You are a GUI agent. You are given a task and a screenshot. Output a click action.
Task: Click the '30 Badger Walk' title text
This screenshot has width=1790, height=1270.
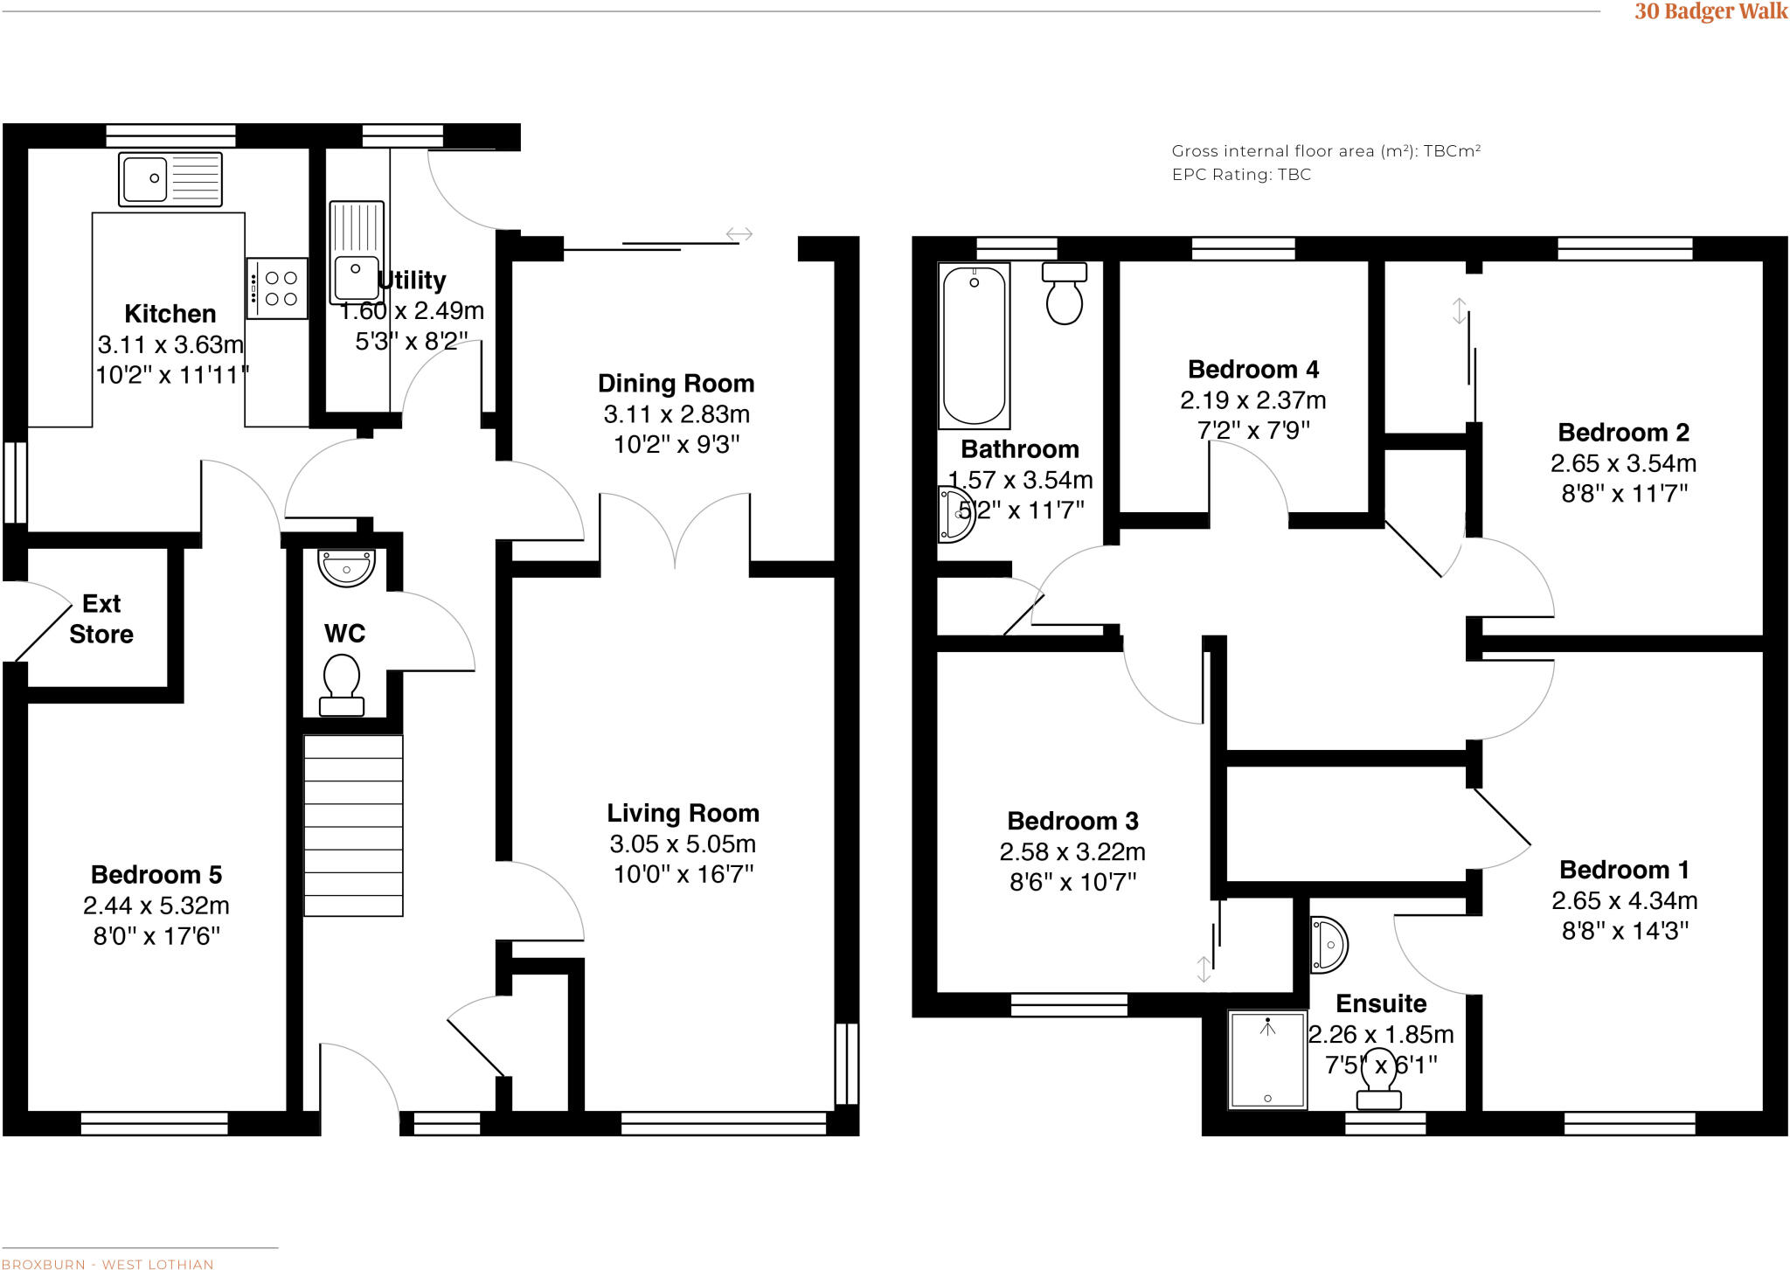coord(1710,11)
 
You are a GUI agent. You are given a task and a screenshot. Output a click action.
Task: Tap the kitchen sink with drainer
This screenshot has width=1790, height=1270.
coord(170,178)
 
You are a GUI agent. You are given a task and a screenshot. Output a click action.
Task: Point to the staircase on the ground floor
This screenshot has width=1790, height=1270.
coord(353,825)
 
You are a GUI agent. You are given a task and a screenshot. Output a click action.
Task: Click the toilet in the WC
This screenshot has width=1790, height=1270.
coord(342,686)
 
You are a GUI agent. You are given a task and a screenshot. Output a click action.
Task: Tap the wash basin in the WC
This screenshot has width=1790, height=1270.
coord(347,567)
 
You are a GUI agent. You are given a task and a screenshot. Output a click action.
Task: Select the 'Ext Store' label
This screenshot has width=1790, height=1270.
coord(101,619)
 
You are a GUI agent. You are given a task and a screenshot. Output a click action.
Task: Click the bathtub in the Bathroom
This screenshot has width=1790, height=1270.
coord(974,346)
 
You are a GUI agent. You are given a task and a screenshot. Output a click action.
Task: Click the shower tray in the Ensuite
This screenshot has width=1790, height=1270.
coord(1267,1059)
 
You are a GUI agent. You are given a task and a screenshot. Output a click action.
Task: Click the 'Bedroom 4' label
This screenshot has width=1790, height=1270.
coord(1252,370)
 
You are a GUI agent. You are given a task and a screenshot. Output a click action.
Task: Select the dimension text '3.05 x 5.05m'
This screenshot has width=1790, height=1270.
coord(683,844)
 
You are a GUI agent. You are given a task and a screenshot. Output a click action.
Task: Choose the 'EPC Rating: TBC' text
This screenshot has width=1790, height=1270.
coord(1241,175)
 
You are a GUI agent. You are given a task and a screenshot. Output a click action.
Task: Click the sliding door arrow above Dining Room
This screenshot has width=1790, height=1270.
coord(739,234)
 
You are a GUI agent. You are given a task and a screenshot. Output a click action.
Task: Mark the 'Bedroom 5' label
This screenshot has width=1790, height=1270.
coord(156,875)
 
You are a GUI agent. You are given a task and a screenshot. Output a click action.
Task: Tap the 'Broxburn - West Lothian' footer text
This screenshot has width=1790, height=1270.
coord(108,1264)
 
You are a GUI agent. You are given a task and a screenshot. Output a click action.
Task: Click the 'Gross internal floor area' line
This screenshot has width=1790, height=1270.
coord(1325,151)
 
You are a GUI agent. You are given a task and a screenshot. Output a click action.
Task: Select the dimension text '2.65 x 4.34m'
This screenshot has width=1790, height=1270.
coord(1624,900)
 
